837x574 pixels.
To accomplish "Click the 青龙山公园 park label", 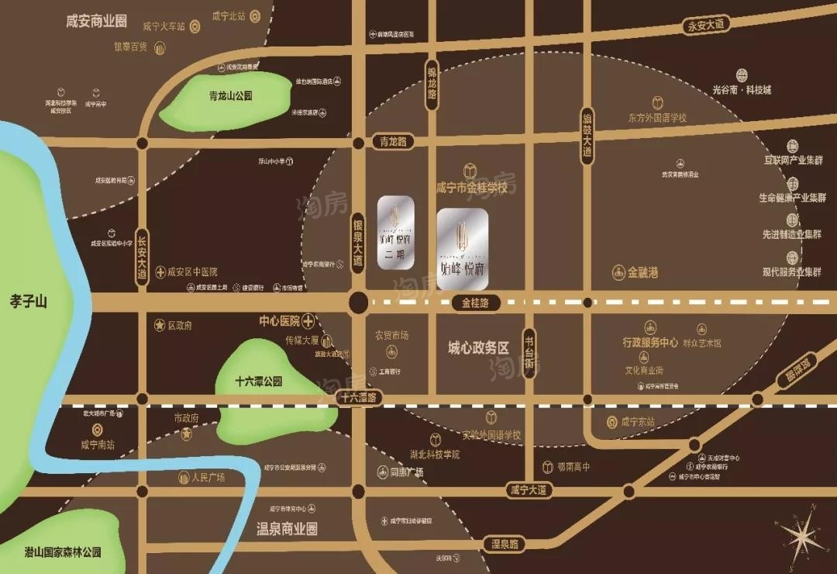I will [231, 97].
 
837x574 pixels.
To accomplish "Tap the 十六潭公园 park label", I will [259, 382].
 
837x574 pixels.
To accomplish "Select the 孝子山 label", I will [29, 301].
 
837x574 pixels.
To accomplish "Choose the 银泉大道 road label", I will [357, 241].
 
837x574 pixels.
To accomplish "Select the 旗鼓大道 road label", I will [587, 138].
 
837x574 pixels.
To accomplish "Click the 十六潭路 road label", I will [358, 398].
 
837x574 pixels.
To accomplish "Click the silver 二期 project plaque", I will [395, 232].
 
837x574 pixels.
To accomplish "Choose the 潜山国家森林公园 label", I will [62, 552].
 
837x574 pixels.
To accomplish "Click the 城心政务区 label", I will [478, 348].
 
